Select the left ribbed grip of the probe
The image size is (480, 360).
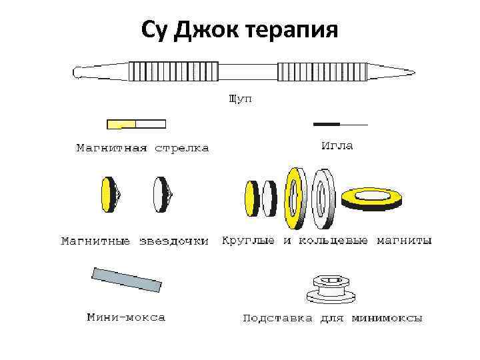(x=173, y=71)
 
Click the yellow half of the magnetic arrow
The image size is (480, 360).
(x=121, y=124)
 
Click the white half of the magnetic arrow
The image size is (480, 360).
(x=151, y=124)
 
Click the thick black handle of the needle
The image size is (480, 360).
(x=327, y=124)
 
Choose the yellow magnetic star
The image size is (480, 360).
(x=109, y=195)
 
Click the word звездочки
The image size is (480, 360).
(x=174, y=241)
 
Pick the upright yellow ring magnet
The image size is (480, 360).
(x=294, y=194)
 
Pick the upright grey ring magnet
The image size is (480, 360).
(x=323, y=195)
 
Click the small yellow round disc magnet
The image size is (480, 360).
(x=251, y=197)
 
